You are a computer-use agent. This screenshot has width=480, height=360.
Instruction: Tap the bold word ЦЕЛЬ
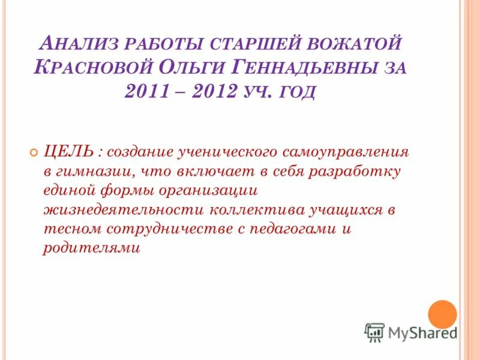(67, 151)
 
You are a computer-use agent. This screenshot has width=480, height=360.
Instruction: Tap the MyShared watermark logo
(410, 331)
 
